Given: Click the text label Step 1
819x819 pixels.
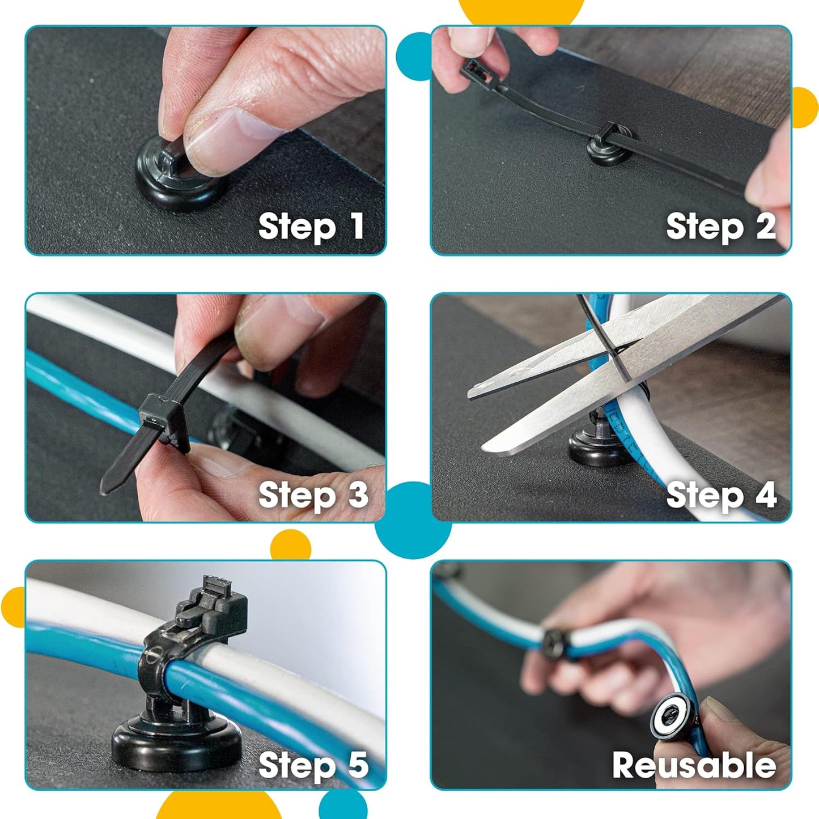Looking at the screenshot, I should click(x=311, y=227).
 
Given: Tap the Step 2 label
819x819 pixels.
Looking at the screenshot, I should click(x=720, y=227).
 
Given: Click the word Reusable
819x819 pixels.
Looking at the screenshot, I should click(x=694, y=765).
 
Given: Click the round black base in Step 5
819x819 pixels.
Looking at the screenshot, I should click(x=176, y=741).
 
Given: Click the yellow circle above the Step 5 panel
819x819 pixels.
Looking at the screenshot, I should click(x=290, y=545).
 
